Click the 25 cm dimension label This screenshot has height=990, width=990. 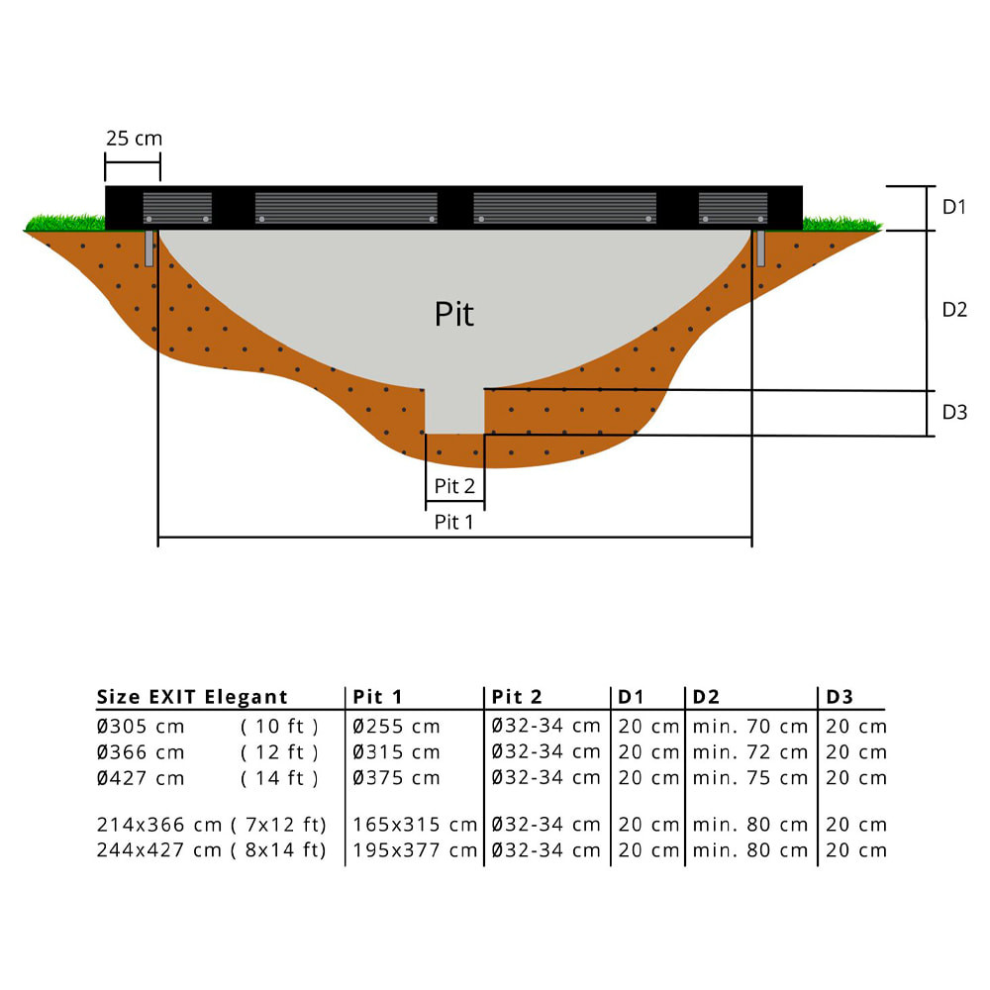(x=134, y=138)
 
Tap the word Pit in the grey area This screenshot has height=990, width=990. (x=454, y=314)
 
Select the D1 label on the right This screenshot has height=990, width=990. (x=953, y=207)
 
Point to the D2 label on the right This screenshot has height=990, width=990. (x=953, y=310)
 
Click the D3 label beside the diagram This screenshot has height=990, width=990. (x=953, y=413)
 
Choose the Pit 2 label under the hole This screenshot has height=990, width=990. (x=454, y=486)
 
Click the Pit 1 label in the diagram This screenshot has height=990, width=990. (x=454, y=522)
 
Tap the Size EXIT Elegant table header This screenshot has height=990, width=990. (x=192, y=697)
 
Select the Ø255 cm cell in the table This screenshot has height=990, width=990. (x=397, y=727)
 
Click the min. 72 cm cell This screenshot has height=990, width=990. (x=750, y=752)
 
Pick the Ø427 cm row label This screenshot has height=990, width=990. (x=141, y=778)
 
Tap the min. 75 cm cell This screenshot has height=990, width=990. (x=750, y=778)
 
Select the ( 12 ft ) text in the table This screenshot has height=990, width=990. (x=279, y=752)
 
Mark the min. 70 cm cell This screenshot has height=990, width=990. (x=750, y=727)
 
